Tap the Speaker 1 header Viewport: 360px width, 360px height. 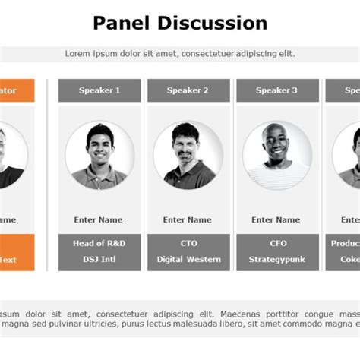(x=99, y=90)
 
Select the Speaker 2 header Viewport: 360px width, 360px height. (x=188, y=90)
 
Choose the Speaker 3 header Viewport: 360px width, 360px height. (x=277, y=90)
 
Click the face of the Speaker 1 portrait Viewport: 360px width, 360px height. (x=99, y=144)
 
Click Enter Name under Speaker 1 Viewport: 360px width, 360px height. (x=99, y=219)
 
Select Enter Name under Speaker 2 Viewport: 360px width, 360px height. (x=188, y=219)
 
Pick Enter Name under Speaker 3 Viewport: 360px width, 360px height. (x=276, y=219)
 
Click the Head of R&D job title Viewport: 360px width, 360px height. (x=99, y=243)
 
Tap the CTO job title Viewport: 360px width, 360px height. (x=188, y=243)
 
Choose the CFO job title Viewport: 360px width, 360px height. (x=277, y=243)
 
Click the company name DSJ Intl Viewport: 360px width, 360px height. (x=99, y=259)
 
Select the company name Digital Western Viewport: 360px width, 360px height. (x=188, y=259)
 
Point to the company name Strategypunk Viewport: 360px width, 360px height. (x=277, y=259)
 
